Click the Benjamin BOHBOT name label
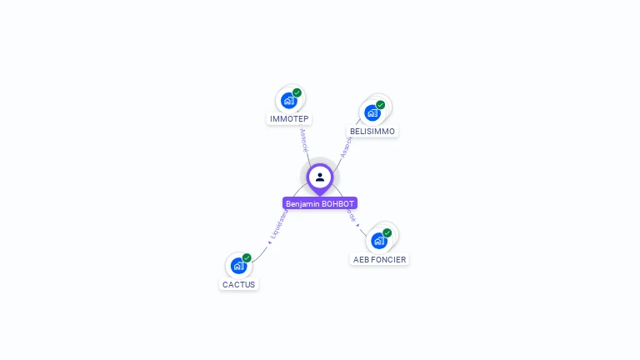(320, 203)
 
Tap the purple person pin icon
(320, 177)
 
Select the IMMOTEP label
(289, 119)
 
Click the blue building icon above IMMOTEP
(289, 101)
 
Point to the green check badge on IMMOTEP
(297, 92)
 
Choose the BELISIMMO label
(372, 131)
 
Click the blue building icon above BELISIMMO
(372, 112)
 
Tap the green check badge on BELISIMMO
(381, 105)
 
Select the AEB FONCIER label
(379, 259)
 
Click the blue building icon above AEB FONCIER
(379, 241)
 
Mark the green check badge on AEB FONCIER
(387, 232)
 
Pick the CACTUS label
(238, 284)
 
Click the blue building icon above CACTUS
(238, 266)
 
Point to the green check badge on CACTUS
(247, 257)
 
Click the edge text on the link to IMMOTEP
(303, 138)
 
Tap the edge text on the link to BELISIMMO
(345, 147)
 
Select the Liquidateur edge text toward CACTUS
(278, 226)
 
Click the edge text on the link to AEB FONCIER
(352, 217)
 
